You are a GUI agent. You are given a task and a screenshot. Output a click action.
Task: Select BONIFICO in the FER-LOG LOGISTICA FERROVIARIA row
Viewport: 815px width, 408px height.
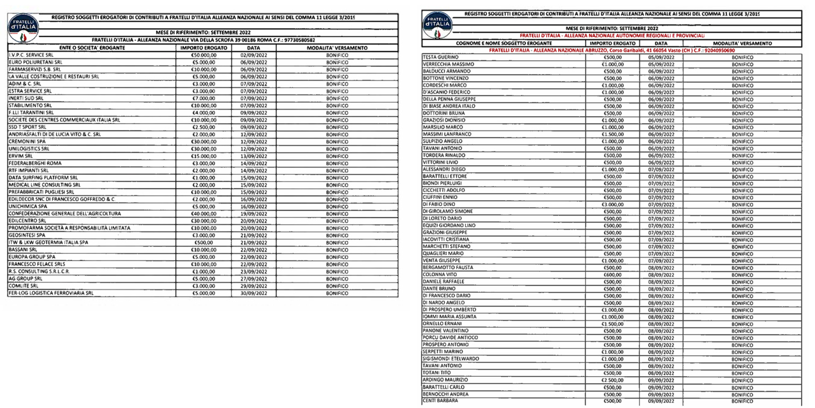(336, 293)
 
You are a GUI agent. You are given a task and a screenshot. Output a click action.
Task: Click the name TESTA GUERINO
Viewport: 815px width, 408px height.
(440, 57)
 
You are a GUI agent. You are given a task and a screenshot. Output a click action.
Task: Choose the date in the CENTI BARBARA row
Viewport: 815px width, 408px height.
(661, 401)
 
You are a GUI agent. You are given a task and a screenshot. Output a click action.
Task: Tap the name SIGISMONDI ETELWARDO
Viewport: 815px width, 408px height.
(450, 359)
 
